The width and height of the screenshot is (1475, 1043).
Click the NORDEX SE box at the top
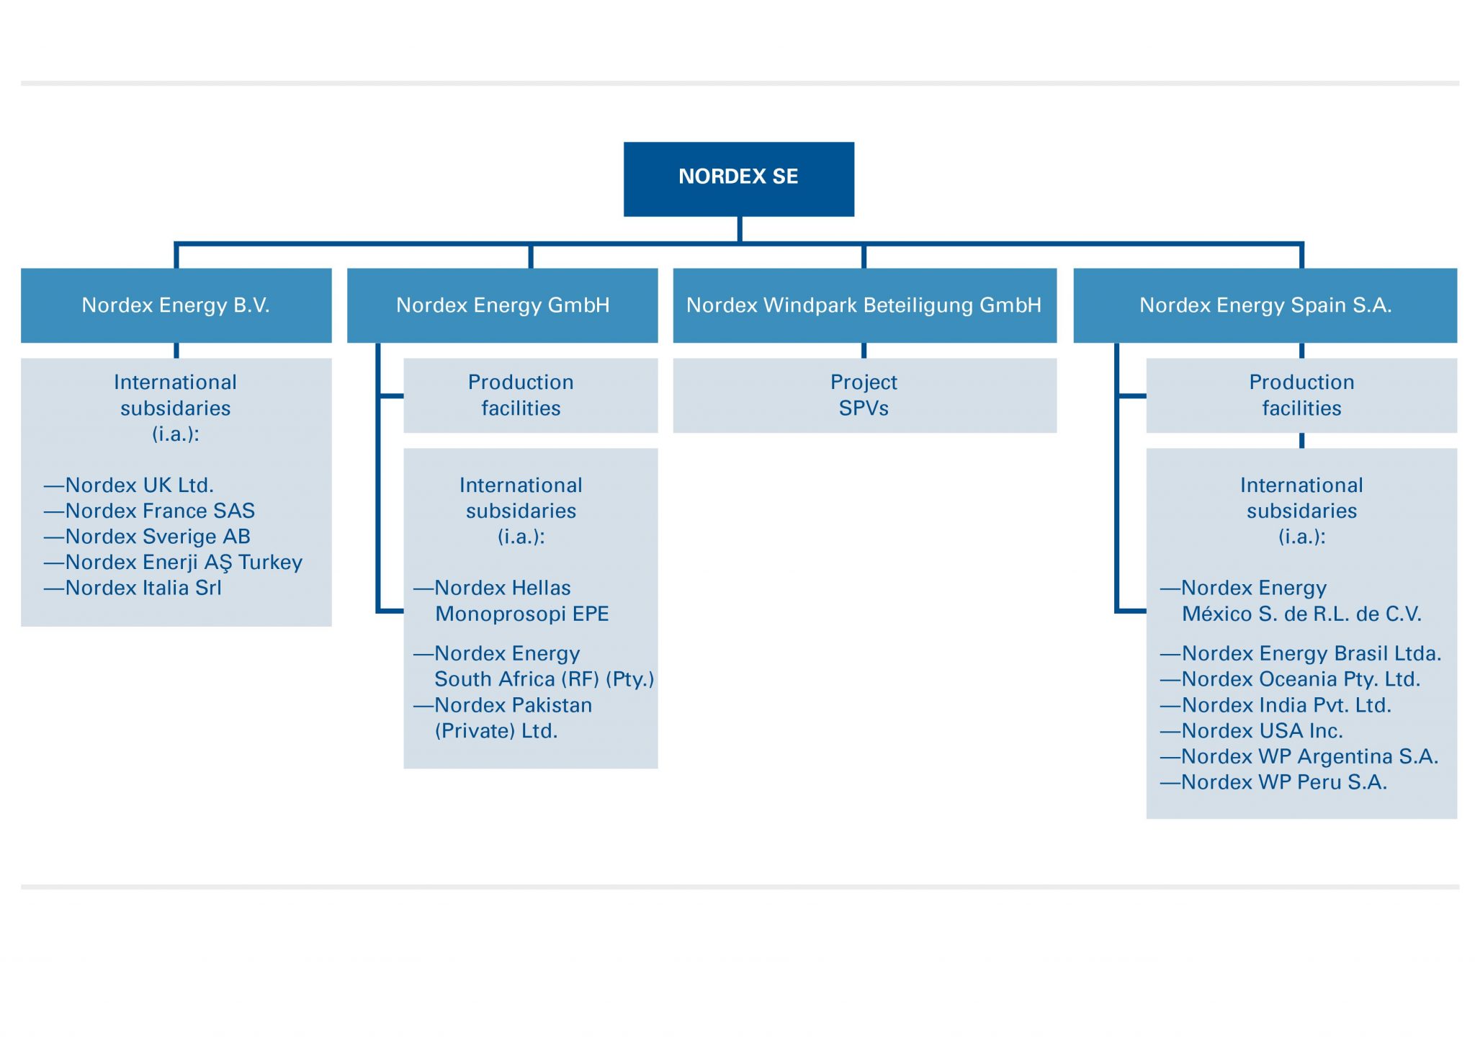(x=738, y=178)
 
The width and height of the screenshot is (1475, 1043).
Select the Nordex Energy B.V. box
(x=176, y=305)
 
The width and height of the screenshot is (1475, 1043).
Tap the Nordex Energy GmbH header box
(x=502, y=305)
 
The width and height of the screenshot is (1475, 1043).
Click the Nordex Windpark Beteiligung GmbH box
(x=864, y=305)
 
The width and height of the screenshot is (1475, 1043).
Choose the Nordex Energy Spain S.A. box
(x=1265, y=305)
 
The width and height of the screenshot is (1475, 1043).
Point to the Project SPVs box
(x=864, y=395)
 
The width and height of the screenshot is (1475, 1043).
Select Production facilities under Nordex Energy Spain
(x=1301, y=395)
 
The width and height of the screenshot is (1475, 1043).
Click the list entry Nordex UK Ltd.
(x=139, y=485)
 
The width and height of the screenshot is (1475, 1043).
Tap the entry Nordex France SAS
(x=159, y=511)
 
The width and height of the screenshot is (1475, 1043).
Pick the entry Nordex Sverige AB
(x=157, y=537)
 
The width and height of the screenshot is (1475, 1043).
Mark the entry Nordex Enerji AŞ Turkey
(x=183, y=563)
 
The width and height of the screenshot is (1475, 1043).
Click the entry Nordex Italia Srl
(x=143, y=588)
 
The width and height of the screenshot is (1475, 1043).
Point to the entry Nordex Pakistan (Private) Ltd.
(x=513, y=717)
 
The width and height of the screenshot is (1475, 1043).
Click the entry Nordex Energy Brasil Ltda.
(x=1310, y=654)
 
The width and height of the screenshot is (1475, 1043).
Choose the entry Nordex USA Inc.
(x=1261, y=731)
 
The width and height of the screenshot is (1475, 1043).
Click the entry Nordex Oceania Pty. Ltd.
(x=1300, y=679)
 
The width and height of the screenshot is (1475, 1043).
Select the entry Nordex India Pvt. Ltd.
(x=1286, y=705)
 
